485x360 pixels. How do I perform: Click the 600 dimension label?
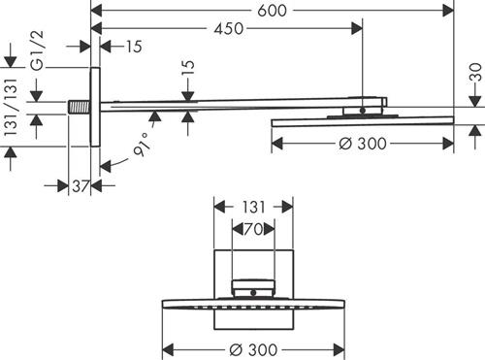pos(272,11)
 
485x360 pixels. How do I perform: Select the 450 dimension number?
pos(229,29)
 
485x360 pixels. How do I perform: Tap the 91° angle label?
pos(143,145)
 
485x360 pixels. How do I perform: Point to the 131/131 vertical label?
pos(11,107)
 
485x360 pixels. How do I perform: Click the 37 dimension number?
pos(81,186)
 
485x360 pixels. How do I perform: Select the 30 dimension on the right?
pos(475,72)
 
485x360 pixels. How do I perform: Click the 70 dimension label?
pos(253,229)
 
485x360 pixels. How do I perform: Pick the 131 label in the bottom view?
pos(253,208)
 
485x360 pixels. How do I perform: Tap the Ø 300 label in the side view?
pos(363,144)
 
